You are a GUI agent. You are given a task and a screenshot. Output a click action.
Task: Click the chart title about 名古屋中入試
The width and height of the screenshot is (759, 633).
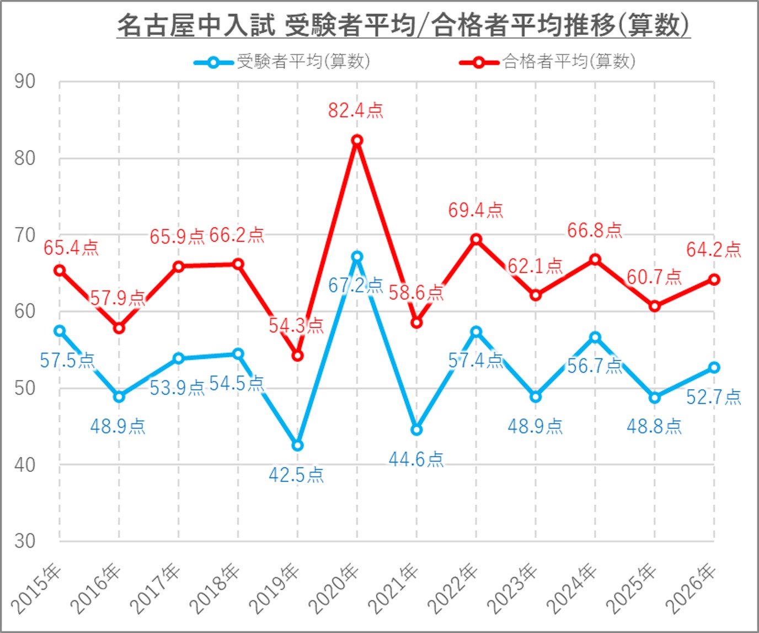[403, 25]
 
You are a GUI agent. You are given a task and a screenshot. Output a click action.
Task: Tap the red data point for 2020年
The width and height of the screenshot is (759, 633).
[357, 141]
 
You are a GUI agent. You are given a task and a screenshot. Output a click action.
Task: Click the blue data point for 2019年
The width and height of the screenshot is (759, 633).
[297, 445]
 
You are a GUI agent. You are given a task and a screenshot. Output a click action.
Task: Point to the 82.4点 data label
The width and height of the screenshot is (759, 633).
[355, 110]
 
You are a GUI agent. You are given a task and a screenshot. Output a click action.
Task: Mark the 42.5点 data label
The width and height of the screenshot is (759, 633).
[296, 475]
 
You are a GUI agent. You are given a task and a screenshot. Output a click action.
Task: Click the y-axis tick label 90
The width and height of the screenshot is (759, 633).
[25, 82]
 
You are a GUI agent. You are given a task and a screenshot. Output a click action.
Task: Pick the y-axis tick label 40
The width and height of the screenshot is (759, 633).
[25, 465]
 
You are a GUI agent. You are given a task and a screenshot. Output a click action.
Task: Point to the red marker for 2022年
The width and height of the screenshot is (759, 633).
[476, 239]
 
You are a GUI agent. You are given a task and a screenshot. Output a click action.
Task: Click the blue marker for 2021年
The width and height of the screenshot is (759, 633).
[416, 430]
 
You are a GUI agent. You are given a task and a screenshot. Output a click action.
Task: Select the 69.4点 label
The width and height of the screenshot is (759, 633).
[475, 210]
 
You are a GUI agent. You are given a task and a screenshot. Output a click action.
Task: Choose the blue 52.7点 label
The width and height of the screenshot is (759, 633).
[714, 397]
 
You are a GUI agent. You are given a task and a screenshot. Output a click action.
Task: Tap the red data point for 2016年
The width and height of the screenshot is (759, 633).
[119, 328]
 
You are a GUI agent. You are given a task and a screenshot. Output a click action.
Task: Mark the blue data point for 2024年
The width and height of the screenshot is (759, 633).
[595, 337]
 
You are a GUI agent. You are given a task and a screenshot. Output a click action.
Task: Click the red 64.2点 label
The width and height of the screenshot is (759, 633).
[714, 250]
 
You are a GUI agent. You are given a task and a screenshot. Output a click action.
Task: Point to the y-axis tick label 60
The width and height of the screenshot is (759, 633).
[25, 312]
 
